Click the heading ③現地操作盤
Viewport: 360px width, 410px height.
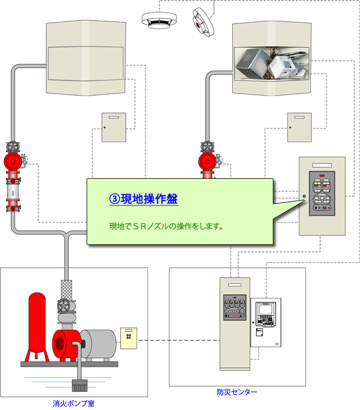tap(144, 199)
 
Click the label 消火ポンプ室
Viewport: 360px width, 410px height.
tap(73, 403)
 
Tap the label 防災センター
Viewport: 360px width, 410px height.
tap(237, 392)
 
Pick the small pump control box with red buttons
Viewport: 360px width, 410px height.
tap(129, 338)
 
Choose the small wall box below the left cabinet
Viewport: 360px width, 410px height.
tap(114, 127)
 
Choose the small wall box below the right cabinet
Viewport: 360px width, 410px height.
tap(299, 127)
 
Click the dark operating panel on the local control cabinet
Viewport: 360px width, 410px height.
tap(322, 193)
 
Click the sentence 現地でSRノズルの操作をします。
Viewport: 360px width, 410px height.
tap(166, 226)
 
